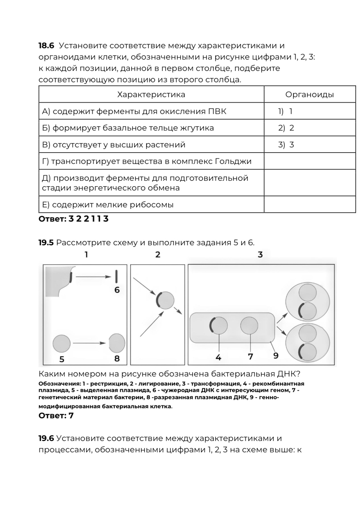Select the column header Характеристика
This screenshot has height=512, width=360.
(151, 95)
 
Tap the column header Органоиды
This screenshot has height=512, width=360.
(309, 95)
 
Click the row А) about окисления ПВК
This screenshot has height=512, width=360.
(134, 111)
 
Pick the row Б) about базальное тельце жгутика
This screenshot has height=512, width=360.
(128, 128)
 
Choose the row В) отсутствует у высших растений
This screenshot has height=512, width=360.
(114, 145)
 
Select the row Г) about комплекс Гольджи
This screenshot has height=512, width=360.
(147, 161)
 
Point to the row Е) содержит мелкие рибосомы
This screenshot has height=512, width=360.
(108, 205)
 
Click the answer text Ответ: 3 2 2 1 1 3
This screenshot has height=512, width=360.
(74, 219)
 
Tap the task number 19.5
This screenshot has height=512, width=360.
(46, 243)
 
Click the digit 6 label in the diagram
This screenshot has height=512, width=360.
(117, 290)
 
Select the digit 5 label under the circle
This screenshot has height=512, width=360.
(62, 359)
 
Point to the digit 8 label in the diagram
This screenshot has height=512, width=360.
(117, 358)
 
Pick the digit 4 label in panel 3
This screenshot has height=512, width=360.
(219, 357)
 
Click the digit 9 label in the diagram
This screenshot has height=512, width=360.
(276, 356)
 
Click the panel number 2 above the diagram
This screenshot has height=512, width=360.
(158, 255)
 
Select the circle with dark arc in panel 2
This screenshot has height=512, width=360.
(165, 300)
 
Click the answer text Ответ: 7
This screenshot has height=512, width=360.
(56, 416)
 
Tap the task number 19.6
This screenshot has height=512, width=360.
(46, 438)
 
